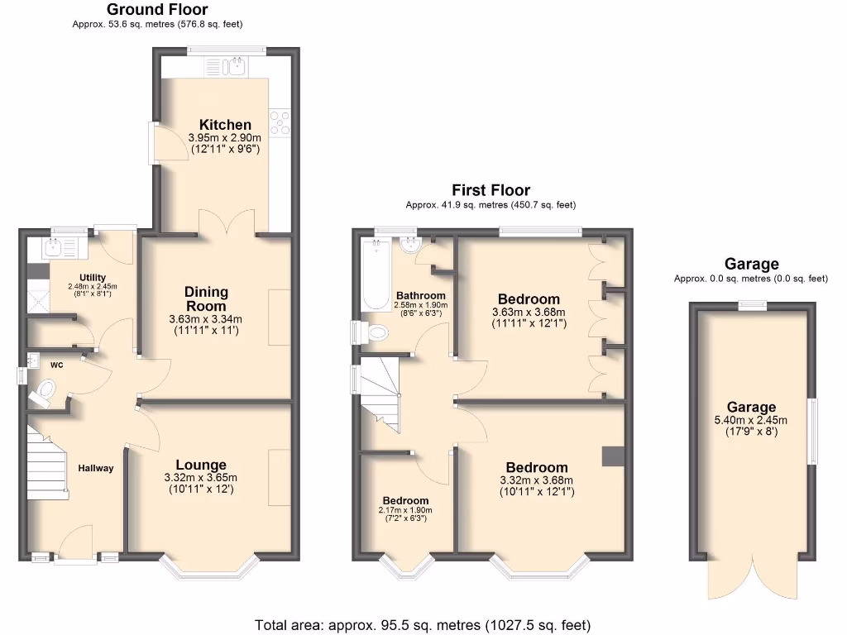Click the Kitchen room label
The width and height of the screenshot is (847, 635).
point(219,125)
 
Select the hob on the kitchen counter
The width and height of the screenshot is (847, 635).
point(280,122)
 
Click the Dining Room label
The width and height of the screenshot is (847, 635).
point(206,298)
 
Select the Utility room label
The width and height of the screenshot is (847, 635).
point(93,277)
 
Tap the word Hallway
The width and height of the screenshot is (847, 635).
point(96,468)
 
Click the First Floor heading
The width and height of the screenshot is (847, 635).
point(490,190)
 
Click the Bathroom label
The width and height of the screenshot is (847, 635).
point(420,295)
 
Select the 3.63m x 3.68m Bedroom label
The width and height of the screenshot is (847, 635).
point(528,312)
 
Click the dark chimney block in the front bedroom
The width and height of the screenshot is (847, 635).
point(613,457)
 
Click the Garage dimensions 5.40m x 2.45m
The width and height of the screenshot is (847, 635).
point(751,419)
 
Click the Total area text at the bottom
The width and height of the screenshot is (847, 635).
point(423,625)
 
